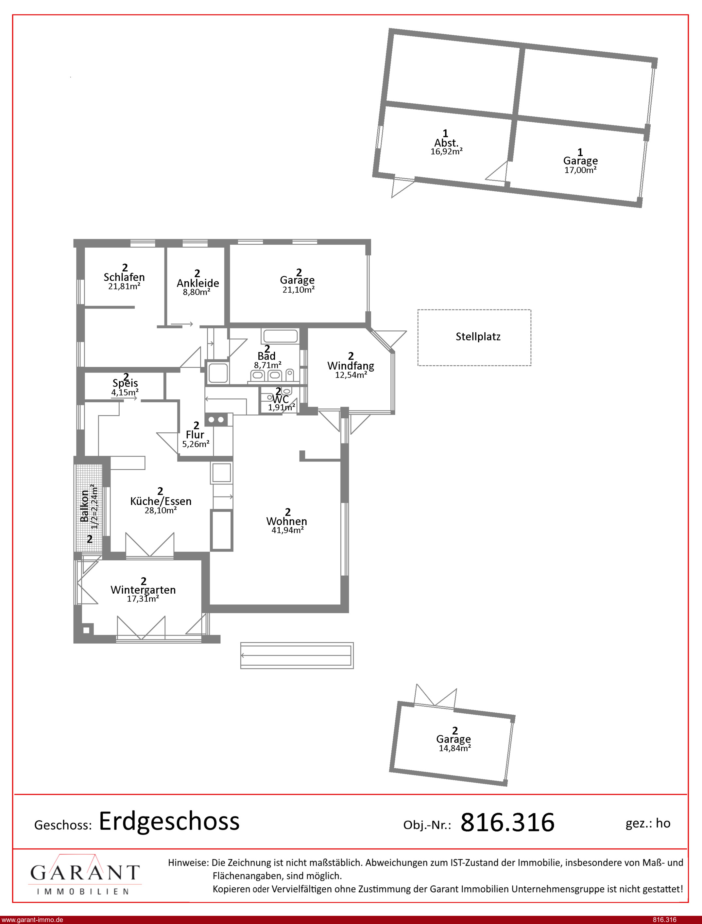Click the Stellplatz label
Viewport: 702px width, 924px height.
point(478,337)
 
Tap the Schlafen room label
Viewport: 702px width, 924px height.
point(124,277)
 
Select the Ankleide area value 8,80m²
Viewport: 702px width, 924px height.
point(197,292)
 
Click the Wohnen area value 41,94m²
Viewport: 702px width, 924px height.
point(287,530)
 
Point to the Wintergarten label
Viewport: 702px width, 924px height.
point(143,590)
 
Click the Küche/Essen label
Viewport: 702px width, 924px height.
point(161,501)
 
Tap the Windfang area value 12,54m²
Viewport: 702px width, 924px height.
point(351,375)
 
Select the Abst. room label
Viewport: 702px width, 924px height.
point(446,143)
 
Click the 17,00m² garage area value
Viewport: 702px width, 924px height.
point(580,170)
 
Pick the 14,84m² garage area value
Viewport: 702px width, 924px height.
point(454,748)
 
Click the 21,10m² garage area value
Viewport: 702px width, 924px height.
point(298,289)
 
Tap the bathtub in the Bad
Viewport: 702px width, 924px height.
point(280,336)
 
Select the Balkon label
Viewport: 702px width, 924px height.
point(84,506)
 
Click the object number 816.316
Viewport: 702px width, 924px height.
point(507,823)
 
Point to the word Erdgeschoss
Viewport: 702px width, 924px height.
point(169,822)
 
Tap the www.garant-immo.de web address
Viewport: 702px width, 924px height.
point(32,920)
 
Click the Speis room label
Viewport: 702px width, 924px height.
point(125,383)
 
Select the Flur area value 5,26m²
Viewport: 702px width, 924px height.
point(196,444)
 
